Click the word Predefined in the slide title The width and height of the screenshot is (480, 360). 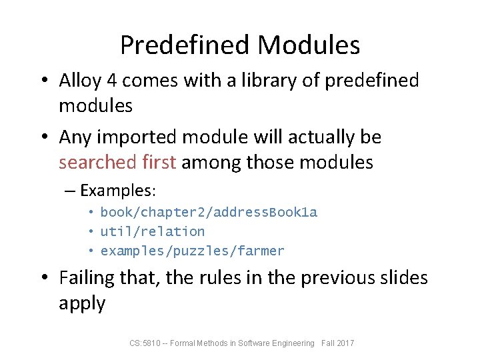[185, 45]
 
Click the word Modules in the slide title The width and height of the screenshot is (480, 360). [308, 45]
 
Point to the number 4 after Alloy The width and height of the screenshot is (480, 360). [112, 81]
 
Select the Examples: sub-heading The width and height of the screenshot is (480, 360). [117, 191]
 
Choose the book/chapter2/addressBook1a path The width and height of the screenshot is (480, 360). [209, 213]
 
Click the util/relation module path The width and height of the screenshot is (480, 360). [152, 232]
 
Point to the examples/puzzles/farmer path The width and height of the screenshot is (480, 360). [192, 251]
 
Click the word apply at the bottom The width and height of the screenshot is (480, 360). [82, 303]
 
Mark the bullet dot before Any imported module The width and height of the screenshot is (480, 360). [45, 138]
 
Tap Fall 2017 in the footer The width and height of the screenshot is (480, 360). [337, 343]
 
